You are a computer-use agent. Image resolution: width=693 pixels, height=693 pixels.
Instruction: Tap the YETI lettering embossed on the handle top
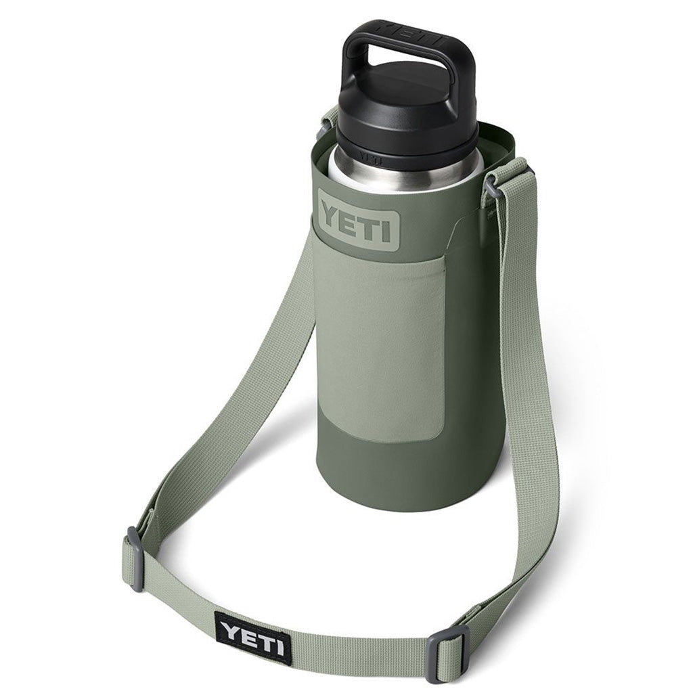407,28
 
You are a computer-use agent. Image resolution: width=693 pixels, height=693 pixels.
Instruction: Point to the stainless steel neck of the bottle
399,177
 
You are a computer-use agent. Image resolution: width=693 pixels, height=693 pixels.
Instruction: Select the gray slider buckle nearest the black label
135,558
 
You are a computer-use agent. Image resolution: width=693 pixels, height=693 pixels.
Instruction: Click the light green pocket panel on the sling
382,345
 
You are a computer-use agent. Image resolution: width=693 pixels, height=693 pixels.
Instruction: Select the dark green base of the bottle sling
406,474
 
